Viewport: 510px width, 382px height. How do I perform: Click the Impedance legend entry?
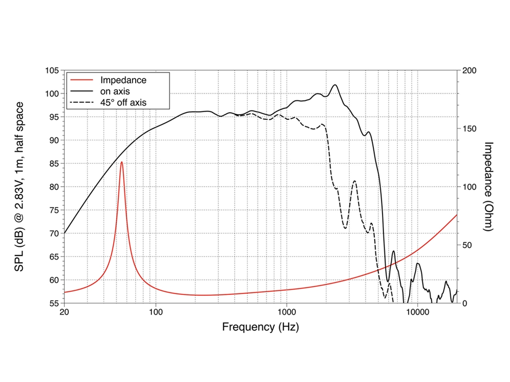coord(123,80)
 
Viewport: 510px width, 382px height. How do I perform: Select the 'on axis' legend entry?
coord(115,91)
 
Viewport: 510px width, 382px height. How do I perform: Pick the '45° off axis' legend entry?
coord(123,103)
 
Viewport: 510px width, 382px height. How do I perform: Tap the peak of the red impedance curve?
coord(121,162)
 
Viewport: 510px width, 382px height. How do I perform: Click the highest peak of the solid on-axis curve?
coord(335,85)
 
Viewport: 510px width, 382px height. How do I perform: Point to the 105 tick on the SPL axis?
coord(52,70)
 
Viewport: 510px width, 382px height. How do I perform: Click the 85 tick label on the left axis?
coord(53,163)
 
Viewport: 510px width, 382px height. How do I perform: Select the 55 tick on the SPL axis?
coord(53,303)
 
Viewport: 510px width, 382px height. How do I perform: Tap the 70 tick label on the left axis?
coord(53,234)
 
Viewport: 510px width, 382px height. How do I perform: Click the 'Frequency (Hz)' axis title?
coord(260,327)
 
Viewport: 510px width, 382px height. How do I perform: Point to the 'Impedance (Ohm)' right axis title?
coord(488,187)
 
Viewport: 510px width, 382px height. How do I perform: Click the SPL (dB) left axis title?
coord(20,187)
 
